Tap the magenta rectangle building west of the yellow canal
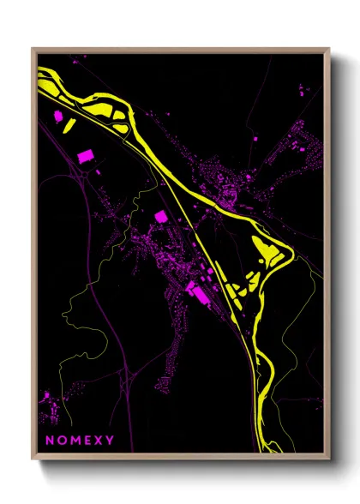click(x=86, y=156)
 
